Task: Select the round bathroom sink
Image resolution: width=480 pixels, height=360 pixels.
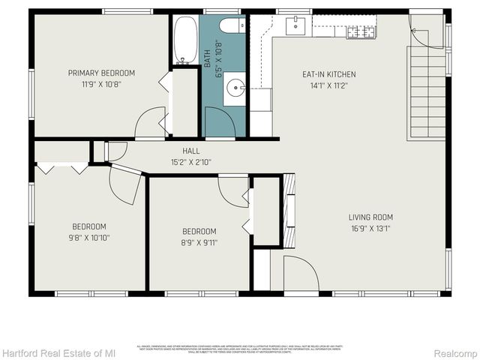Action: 237,88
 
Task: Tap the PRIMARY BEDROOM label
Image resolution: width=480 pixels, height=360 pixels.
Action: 101,73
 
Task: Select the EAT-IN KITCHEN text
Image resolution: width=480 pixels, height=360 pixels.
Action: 328,74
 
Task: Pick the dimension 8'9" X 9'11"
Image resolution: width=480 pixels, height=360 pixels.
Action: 199,242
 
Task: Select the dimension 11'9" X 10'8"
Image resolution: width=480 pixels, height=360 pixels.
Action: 101,84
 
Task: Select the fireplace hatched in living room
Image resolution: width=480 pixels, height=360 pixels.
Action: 288,210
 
